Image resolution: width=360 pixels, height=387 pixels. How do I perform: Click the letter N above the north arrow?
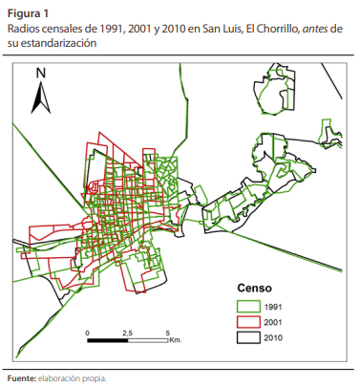[41, 74]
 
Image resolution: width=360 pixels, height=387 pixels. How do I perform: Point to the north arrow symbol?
[41, 97]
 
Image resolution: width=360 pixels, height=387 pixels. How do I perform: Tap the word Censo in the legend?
[255, 288]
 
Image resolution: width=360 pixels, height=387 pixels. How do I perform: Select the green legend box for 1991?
[250, 306]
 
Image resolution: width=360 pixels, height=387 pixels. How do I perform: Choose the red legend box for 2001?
[250, 322]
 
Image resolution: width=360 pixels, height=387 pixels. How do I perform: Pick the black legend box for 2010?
[250, 337]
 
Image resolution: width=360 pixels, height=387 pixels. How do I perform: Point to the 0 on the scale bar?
[87, 333]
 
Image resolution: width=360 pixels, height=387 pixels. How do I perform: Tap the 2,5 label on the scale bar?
[127, 333]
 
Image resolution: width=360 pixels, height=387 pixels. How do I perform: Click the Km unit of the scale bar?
[175, 340]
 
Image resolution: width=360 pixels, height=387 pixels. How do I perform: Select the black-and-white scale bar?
[127, 340]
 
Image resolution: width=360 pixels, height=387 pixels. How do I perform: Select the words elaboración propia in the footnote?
[74, 378]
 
